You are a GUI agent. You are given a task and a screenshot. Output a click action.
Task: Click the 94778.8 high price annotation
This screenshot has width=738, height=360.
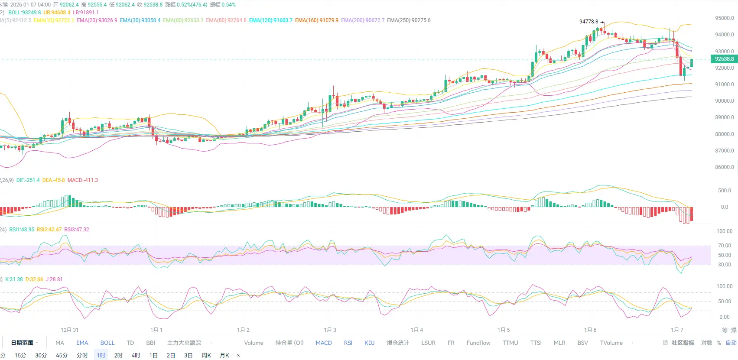pyautogui.click(x=588, y=22)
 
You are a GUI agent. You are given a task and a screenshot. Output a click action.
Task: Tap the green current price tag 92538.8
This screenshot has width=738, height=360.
pyautogui.click(x=724, y=59)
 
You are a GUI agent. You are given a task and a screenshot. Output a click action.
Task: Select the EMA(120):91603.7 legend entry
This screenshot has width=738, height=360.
pyautogui.click(x=271, y=20)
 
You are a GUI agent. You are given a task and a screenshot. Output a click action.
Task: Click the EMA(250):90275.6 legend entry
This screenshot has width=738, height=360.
pyautogui.click(x=409, y=20)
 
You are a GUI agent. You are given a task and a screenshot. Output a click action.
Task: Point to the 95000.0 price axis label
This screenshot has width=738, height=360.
pyautogui.click(x=724, y=18)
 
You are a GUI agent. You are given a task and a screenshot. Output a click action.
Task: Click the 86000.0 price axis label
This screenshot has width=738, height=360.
pyautogui.click(x=724, y=167)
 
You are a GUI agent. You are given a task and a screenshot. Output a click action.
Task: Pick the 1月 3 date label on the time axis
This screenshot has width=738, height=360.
pyautogui.click(x=330, y=330)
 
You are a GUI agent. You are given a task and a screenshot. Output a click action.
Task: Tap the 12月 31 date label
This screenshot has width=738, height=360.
pyautogui.click(x=70, y=330)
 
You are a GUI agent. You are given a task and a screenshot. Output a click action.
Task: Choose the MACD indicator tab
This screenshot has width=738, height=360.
pyautogui.click(x=324, y=343)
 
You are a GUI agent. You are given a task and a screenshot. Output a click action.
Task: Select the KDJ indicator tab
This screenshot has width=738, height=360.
pyautogui.click(x=369, y=343)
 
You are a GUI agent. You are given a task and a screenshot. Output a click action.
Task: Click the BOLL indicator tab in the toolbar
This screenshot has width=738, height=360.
pyautogui.click(x=107, y=343)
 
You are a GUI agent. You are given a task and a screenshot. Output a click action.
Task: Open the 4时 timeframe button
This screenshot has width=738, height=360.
pyautogui.click(x=136, y=356)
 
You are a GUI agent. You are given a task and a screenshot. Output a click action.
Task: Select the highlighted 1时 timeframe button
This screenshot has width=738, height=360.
pyautogui.click(x=101, y=356)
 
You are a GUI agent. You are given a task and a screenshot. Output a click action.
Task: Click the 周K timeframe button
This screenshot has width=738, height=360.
pyautogui.click(x=206, y=356)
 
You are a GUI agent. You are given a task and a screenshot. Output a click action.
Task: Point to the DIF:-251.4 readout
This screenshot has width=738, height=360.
pyautogui.click(x=28, y=180)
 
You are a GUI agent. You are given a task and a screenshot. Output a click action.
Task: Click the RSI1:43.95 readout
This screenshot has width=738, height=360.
pyautogui.click(x=22, y=230)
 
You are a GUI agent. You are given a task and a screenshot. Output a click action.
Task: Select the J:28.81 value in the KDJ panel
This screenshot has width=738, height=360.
pyautogui.click(x=54, y=279)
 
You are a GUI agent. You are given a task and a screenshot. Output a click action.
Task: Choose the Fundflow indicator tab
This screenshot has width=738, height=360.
pyautogui.click(x=478, y=343)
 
